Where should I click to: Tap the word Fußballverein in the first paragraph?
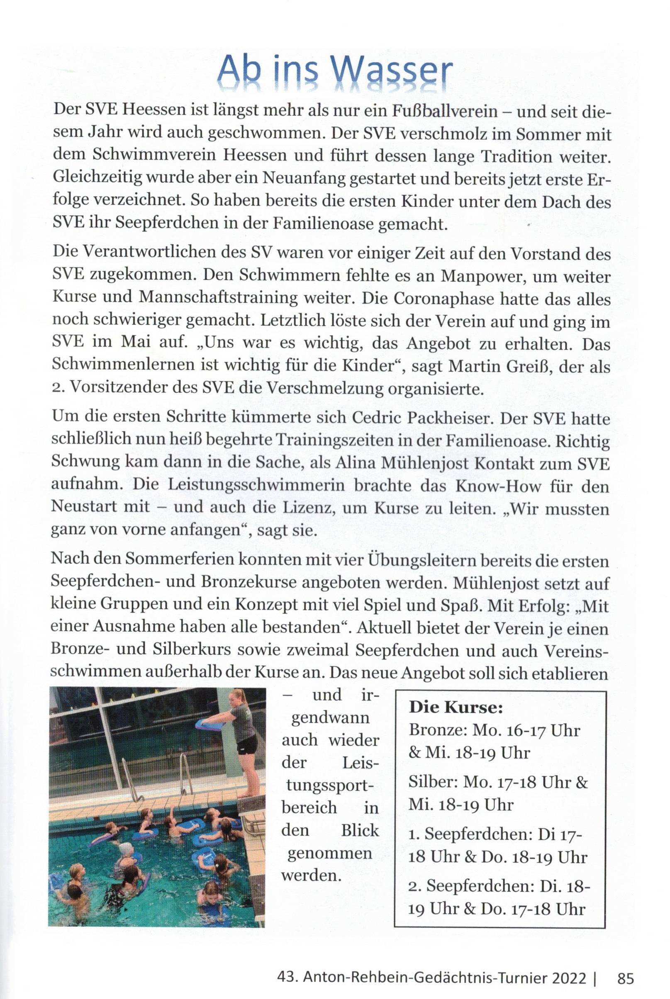coord(444,112)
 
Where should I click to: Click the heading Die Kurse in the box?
coord(456,708)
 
